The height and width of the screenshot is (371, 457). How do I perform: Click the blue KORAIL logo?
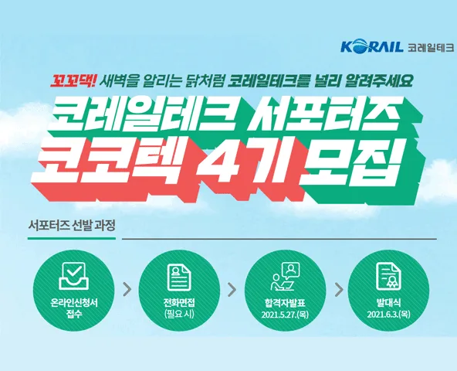pyautogui.click(x=371, y=47)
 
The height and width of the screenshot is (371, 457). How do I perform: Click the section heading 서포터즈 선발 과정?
pyautogui.click(x=72, y=226)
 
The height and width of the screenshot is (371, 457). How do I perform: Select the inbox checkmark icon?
pyautogui.click(x=73, y=276)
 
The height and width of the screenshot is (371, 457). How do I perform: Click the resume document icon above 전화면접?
pyautogui.click(x=179, y=277)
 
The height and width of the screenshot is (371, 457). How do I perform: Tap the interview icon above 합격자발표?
pyautogui.click(x=285, y=276)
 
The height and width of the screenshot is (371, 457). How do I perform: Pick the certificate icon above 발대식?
pyautogui.click(x=388, y=276)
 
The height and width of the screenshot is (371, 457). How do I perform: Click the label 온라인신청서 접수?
pyautogui.click(x=74, y=308)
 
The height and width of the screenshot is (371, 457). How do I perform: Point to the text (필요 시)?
pyautogui.click(x=179, y=315)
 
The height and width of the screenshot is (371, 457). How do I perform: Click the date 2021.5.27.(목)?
pyautogui.click(x=285, y=315)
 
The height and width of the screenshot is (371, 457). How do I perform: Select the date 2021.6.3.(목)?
pyautogui.click(x=389, y=315)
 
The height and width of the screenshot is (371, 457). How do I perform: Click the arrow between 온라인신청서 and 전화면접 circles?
pyautogui.click(x=127, y=290)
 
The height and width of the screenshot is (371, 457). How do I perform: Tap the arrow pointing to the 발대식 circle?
pyautogui.click(x=339, y=290)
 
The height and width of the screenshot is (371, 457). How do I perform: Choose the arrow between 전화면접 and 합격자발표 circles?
pyautogui.click(x=232, y=290)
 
